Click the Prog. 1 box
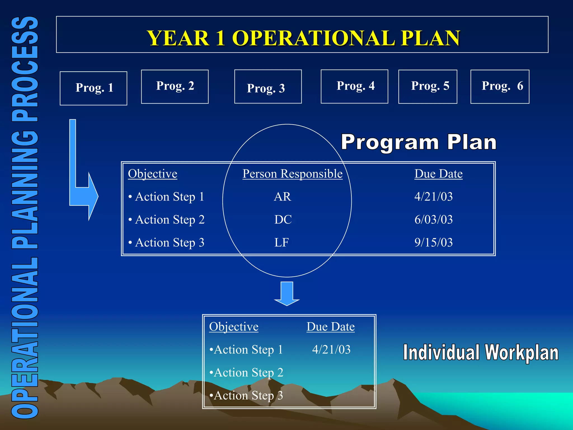pos(93,88)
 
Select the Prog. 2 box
pos(175,87)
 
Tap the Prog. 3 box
pos(268,87)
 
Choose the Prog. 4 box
pos(354,87)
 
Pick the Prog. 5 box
pos(428,87)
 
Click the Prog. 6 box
pos(500,87)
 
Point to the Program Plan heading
pos(419,142)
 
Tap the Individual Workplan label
pos(480,353)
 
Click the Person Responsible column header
pos(292,174)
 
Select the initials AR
pos(282,197)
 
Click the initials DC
pos(283,219)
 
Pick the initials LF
pos(281,242)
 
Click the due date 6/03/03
pos(433,219)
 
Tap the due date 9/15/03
pos(433,242)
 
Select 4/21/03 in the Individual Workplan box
pos(331,350)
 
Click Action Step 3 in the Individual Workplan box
pos(246,396)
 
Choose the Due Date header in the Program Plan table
pos(438,174)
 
